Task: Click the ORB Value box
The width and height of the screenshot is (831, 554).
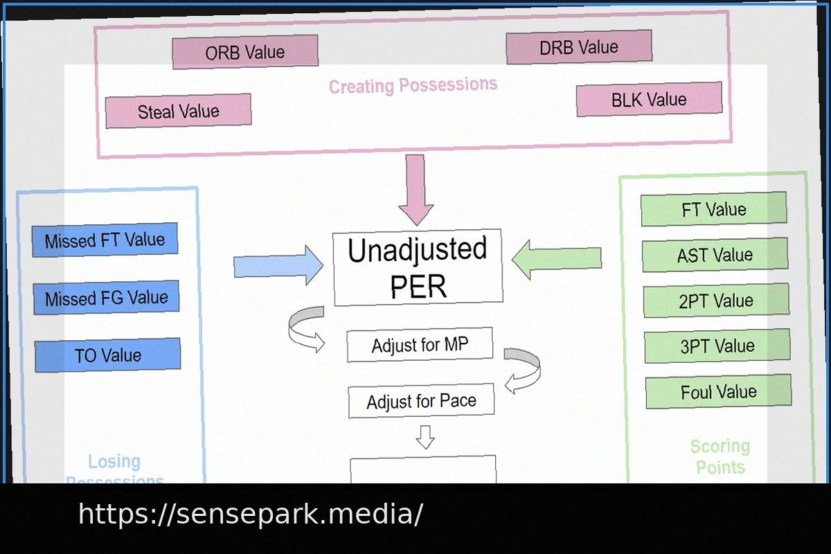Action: [245, 52]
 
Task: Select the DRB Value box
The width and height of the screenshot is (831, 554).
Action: [579, 47]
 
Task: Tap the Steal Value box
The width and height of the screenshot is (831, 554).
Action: [178, 111]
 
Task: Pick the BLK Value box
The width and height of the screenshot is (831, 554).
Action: [649, 100]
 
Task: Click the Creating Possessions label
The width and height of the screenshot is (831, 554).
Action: [413, 86]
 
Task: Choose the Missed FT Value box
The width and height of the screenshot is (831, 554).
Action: [105, 240]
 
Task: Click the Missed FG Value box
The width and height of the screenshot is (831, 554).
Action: [106, 298]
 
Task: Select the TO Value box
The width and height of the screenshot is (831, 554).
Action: [107, 355]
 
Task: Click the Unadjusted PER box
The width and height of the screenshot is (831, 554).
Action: [418, 267]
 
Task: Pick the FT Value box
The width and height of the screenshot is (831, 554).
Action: [714, 209]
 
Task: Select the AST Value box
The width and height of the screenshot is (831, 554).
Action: [715, 255]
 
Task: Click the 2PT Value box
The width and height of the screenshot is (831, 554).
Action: [716, 301]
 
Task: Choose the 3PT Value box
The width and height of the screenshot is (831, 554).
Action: [717, 346]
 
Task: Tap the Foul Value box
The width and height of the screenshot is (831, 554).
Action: [718, 392]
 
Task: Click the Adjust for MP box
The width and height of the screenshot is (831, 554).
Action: [420, 345]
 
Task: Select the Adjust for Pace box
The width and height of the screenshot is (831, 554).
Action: [421, 401]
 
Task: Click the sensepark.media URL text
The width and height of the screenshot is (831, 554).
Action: [250, 515]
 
